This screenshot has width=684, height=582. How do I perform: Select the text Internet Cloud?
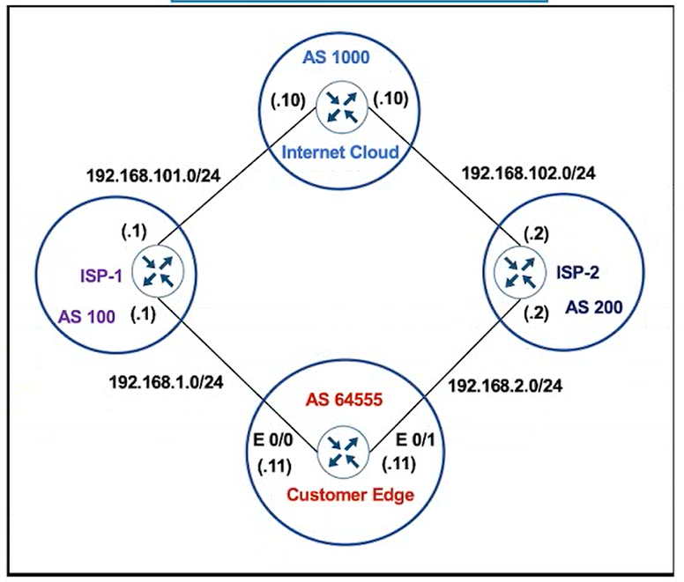(x=340, y=152)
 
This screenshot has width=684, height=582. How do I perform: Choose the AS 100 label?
(x=87, y=316)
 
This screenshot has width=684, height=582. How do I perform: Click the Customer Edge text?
(x=348, y=494)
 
